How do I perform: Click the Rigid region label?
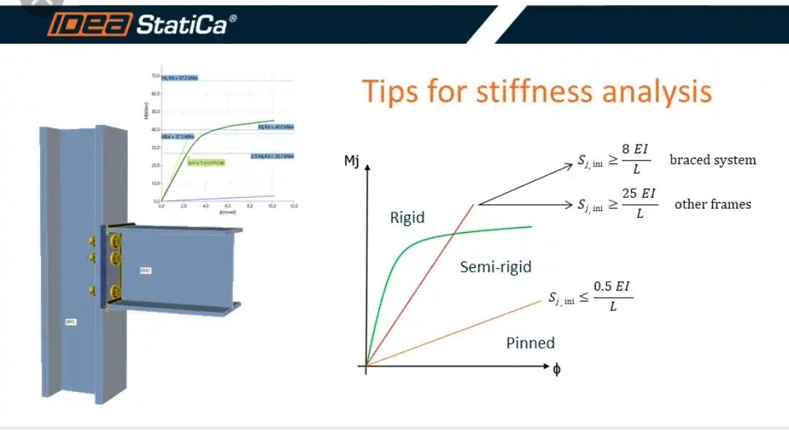click(x=408, y=218)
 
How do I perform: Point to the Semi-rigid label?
click(x=495, y=267)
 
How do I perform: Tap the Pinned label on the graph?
click(x=530, y=342)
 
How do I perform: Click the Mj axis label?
click(x=351, y=161)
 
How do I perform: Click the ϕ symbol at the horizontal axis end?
click(x=557, y=369)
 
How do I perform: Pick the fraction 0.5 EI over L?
click(x=612, y=296)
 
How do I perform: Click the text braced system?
click(x=712, y=160)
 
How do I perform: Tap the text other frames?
click(x=712, y=204)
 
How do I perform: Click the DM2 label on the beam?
click(x=145, y=270)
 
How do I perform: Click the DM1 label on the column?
click(x=70, y=321)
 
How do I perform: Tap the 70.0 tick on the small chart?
click(x=154, y=76)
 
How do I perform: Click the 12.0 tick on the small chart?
click(x=294, y=207)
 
